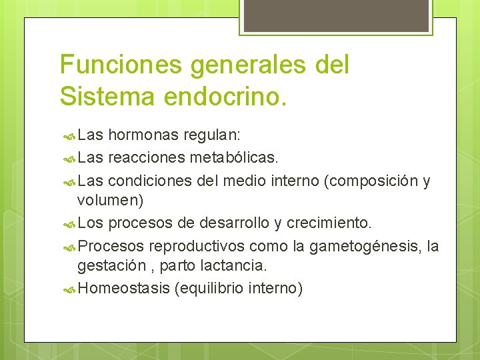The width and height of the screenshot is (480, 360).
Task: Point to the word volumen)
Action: click(110, 200)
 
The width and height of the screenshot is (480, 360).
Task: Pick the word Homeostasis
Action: click(123, 288)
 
